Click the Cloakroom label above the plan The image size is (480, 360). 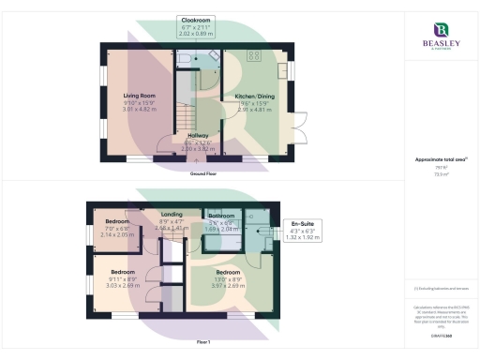click(x=194, y=20)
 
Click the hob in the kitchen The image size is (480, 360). click(x=253, y=54)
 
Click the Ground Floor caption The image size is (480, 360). click(x=204, y=174)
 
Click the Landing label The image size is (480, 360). click(x=172, y=214)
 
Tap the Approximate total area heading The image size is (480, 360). click(x=437, y=160)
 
